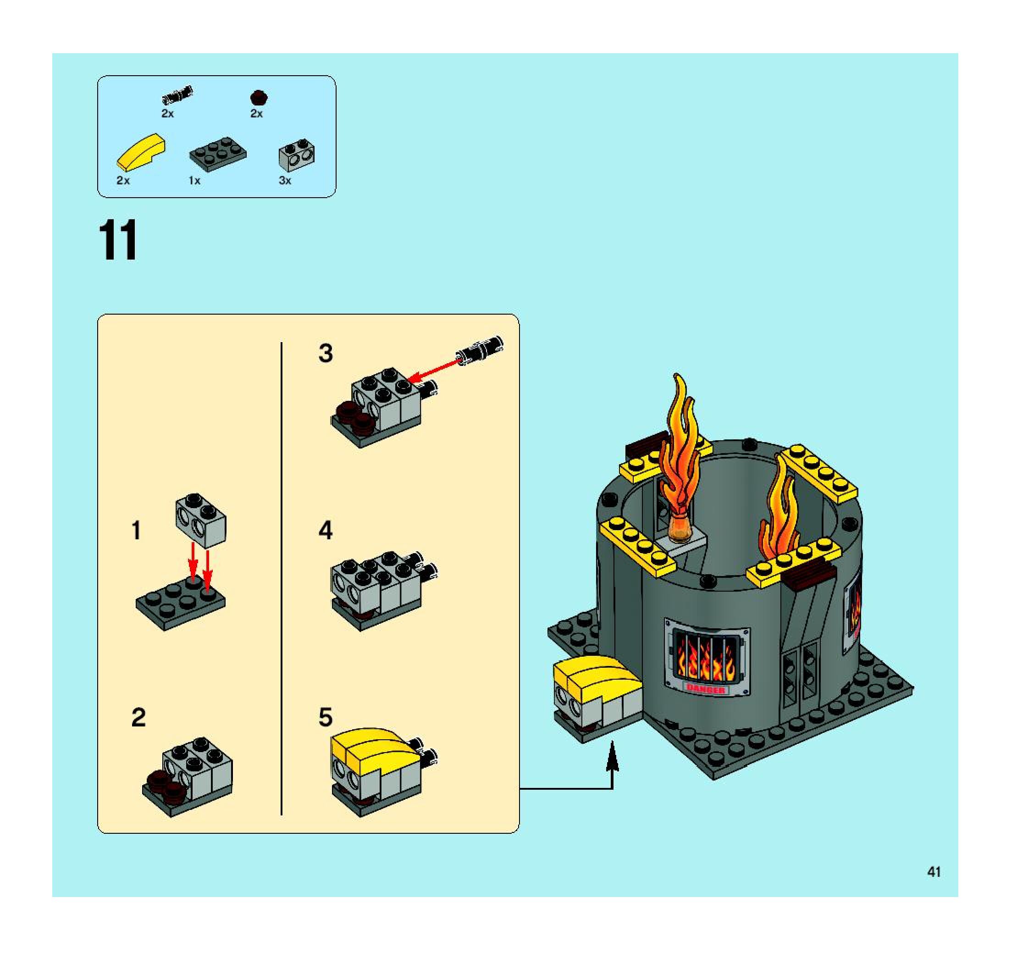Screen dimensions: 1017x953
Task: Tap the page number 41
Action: point(934,872)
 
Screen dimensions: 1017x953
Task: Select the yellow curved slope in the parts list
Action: point(142,152)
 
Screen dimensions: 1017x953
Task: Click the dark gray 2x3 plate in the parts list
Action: point(218,154)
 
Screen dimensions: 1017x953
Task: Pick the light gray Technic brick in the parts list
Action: point(297,155)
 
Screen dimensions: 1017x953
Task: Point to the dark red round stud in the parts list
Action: point(260,97)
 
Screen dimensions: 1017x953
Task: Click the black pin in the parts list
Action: point(177,94)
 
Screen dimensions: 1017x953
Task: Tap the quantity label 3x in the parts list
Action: point(285,181)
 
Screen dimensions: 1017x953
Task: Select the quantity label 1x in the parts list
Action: point(194,181)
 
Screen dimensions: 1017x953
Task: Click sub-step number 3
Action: point(326,353)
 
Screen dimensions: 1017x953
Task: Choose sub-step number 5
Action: point(326,717)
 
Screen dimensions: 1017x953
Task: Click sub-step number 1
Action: point(136,531)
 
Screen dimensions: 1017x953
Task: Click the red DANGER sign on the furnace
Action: point(706,690)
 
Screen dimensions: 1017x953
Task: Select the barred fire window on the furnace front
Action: point(707,655)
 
